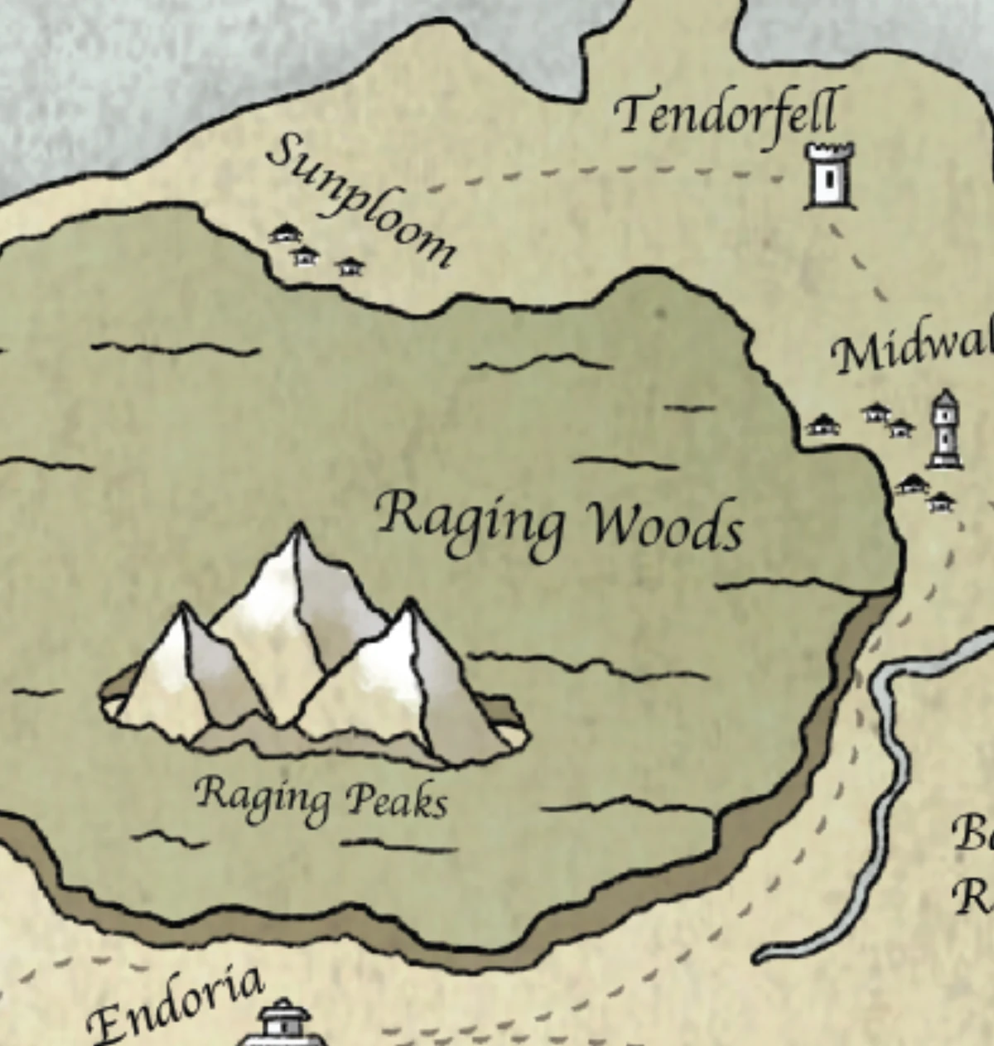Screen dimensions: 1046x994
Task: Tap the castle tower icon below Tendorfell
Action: pos(829,176)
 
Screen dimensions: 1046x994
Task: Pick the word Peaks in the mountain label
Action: pos(396,800)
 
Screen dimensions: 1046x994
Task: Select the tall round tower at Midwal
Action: pos(945,429)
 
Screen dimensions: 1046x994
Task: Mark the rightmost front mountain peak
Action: pos(409,605)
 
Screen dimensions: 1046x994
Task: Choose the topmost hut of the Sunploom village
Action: pos(284,233)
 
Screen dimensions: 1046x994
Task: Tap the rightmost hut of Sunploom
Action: pos(350,265)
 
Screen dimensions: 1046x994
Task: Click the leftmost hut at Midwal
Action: pos(823,425)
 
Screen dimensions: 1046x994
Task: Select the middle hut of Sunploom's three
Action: pos(306,254)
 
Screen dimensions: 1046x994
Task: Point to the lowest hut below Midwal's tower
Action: pos(941,501)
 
